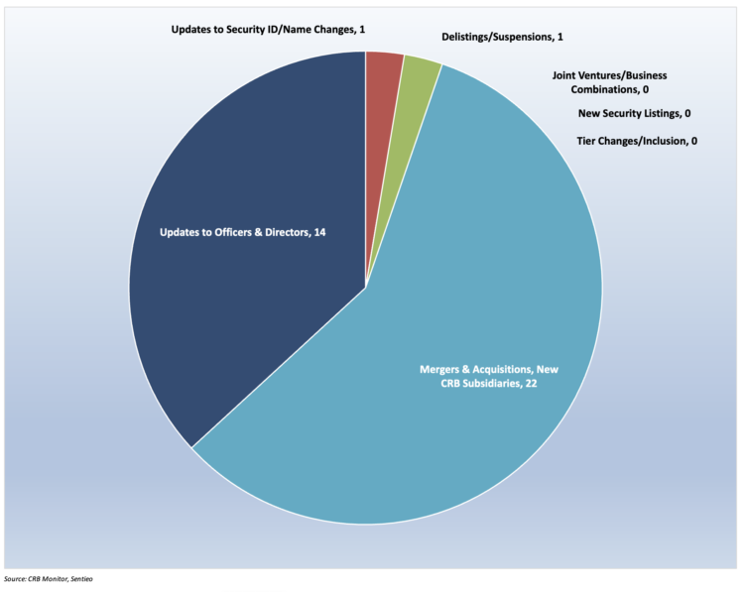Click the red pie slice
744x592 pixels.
(x=383, y=79)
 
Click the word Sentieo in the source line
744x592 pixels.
(x=90, y=578)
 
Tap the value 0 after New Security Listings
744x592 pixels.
(x=687, y=113)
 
